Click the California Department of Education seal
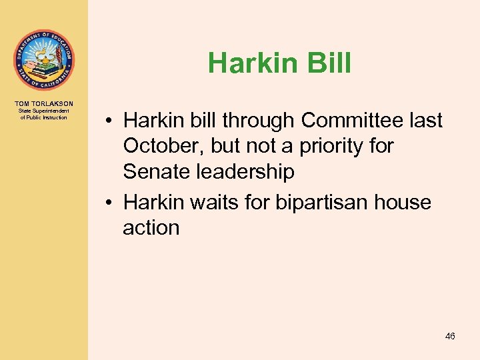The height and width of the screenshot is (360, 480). (43, 60)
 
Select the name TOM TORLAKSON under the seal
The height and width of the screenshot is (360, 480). (44, 103)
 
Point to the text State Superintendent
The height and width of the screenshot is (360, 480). (44, 111)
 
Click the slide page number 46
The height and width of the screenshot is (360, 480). (450, 337)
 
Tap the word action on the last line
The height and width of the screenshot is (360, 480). (151, 227)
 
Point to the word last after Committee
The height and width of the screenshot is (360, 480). (423, 121)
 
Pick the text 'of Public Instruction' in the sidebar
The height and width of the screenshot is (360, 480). (44, 117)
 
